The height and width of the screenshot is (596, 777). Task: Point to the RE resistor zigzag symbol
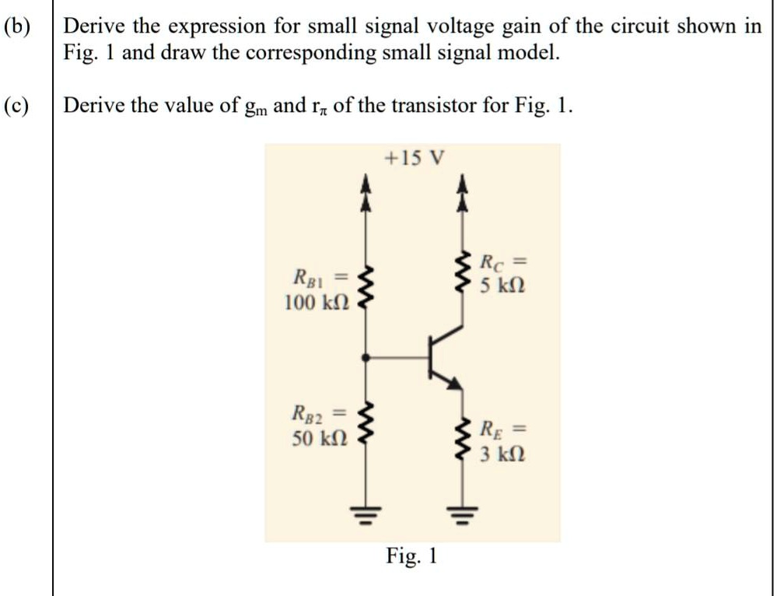click(x=465, y=440)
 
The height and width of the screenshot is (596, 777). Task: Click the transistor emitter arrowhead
click(x=456, y=383)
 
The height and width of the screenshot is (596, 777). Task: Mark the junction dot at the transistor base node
click(x=366, y=357)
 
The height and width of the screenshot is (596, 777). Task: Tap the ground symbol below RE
click(x=465, y=514)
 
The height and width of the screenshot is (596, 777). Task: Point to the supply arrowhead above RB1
click(x=366, y=191)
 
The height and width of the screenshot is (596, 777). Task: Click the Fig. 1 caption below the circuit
click(x=412, y=556)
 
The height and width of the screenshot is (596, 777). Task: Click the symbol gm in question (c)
click(x=254, y=107)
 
